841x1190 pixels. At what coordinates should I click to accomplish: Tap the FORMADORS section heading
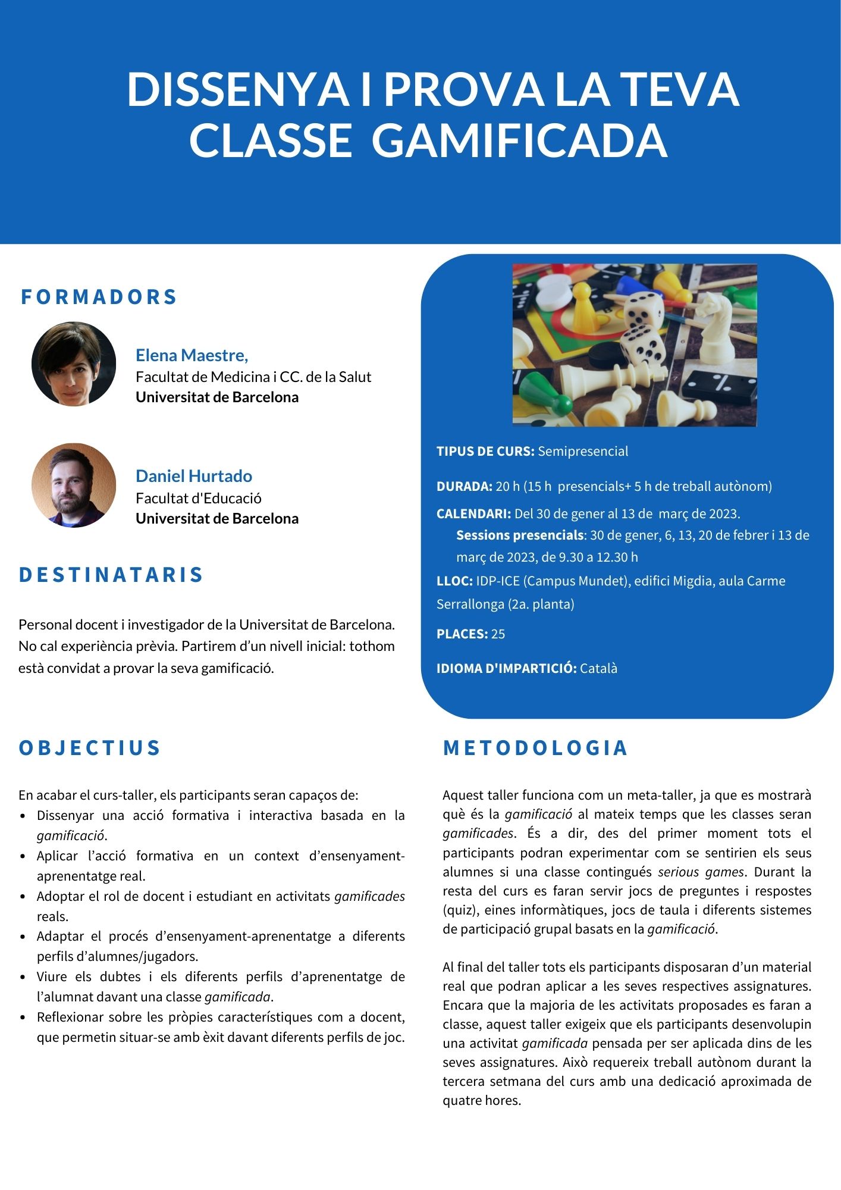click(99, 296)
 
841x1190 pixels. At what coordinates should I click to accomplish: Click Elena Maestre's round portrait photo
click(74, 364)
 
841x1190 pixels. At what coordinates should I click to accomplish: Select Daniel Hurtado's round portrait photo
click(74, 486)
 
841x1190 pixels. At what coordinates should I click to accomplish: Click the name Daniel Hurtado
click(194, 476)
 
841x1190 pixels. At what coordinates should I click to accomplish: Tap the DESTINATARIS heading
click(111, 575)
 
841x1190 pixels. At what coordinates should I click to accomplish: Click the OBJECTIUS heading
click(90, 748)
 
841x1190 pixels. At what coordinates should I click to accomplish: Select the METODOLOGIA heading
click(535, 748)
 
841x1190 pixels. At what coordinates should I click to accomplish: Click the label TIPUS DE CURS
click(485, 451)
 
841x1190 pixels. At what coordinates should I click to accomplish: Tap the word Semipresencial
click(583, 451)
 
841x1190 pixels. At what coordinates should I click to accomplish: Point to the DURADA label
click(464, 486)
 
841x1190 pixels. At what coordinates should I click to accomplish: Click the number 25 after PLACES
click(498, 634)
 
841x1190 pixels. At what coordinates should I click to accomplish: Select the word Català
click(598, 668)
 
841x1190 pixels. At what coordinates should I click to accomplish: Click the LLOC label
click(454, 581)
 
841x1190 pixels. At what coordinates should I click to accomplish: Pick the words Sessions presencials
click(519, 535)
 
